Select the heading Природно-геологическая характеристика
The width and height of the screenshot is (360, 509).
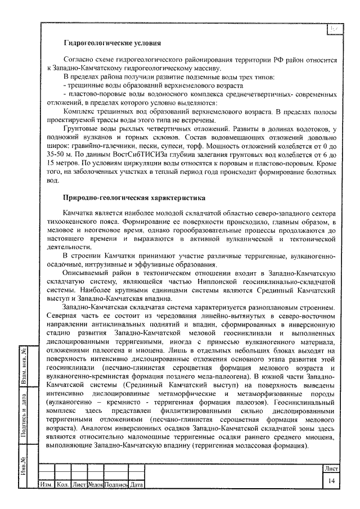point(133,199)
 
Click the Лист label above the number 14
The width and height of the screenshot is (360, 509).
point(331,468)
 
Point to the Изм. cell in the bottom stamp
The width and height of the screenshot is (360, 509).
point(45,485)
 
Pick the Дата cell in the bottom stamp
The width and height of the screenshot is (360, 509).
point(136,485)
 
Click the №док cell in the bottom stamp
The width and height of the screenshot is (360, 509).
point(95,485)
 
